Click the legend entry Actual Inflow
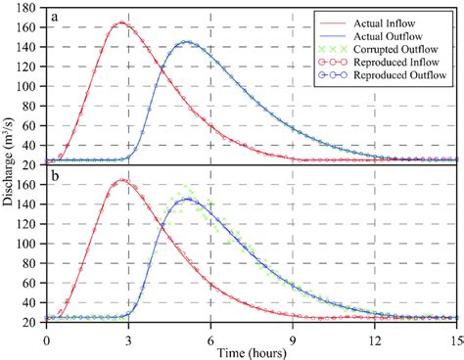pyautogui.click(x=398, y=18)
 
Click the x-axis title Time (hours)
pyautogui.click(x=252, y=350)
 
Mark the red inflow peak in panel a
pyautogui.click(x=121, y=22)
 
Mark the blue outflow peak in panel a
pyautogui.click(x=188, y=42)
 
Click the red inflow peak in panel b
pyautogui.click(x=121, y=180)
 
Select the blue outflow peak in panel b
pyautogui.click(x=188, y=200)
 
